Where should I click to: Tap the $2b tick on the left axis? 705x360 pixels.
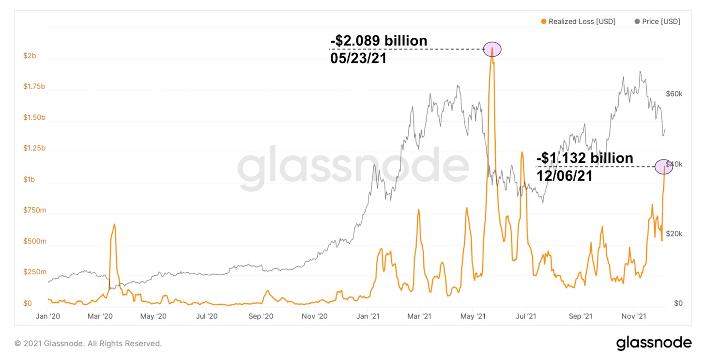(30, 56)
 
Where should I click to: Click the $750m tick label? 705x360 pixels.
(34, 210)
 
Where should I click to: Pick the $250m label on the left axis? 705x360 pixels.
(34, 272)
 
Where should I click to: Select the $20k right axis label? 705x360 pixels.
(674, 234)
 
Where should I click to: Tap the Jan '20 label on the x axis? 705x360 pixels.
(47, 316)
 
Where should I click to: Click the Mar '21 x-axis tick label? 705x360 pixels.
(420, 316)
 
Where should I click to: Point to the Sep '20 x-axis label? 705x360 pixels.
(261, 316)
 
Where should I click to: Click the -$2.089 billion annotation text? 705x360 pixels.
(379, 41)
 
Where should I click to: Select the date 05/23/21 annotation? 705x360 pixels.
(359, 60)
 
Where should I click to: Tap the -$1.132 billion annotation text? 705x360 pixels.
(585, 158)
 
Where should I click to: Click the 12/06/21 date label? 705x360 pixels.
(565, 176)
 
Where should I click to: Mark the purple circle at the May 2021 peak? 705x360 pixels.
(492, 49)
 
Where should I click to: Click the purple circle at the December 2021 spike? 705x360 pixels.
(663, 167)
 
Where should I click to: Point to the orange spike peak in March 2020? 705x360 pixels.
(114, 224)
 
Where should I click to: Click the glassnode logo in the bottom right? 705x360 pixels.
(654, 343)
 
